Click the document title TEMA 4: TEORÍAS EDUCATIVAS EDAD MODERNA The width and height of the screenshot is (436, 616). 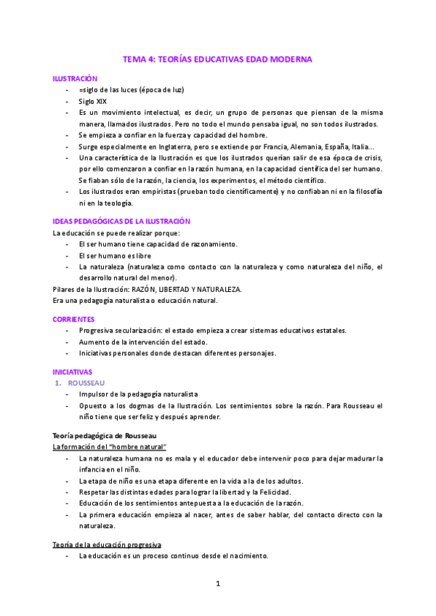(x=217, y=60)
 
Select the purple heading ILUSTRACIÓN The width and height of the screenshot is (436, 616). (x=75, y=78)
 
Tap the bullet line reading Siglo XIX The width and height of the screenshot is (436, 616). (x=92, y=101)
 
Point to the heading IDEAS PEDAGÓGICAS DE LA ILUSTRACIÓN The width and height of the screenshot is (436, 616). (x=121, y=221)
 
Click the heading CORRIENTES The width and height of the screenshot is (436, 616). (x=74, y=319)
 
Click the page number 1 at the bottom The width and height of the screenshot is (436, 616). (x=217, y=583)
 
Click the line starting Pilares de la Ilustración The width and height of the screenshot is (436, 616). (x=147, y=288)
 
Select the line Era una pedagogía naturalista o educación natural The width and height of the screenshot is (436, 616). (x=134, y=299)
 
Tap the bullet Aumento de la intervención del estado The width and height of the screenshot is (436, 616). (x=143, y=341)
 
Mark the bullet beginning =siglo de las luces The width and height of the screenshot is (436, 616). (x=132, y=89)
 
